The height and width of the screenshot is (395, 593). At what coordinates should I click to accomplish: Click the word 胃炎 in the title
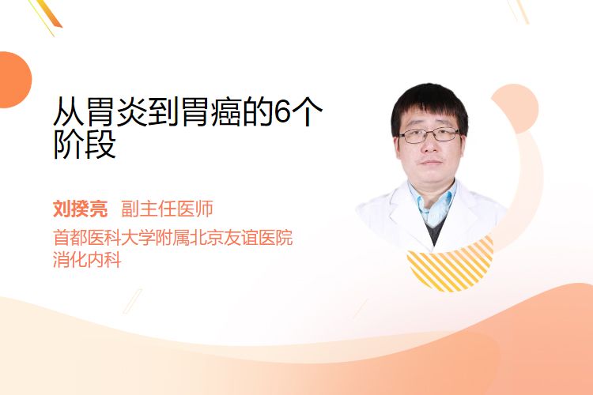click(x=117, y=111)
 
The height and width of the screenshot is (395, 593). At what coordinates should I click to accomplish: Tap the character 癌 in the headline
click(x=227, y=111)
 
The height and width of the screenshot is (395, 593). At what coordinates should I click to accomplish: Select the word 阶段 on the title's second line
click(x=85, y=144)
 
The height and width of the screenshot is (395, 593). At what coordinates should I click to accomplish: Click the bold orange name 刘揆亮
click(x=80, y=209)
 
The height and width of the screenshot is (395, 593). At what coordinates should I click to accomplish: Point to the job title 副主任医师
click(x=167, y=209)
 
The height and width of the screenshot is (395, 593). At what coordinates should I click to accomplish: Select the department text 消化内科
click(x=87, y=259)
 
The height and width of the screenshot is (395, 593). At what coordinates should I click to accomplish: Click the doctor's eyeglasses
click(x=429, y=135)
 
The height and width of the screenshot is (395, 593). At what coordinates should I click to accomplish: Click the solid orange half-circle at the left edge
click(x=14, y=80)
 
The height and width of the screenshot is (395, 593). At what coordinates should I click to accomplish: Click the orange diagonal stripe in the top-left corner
click(x=49, y=13)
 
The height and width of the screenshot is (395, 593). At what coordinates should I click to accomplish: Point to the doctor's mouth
click(x=430, y=162)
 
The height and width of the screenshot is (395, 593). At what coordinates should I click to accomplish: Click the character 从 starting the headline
click(x=69, y=111)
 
